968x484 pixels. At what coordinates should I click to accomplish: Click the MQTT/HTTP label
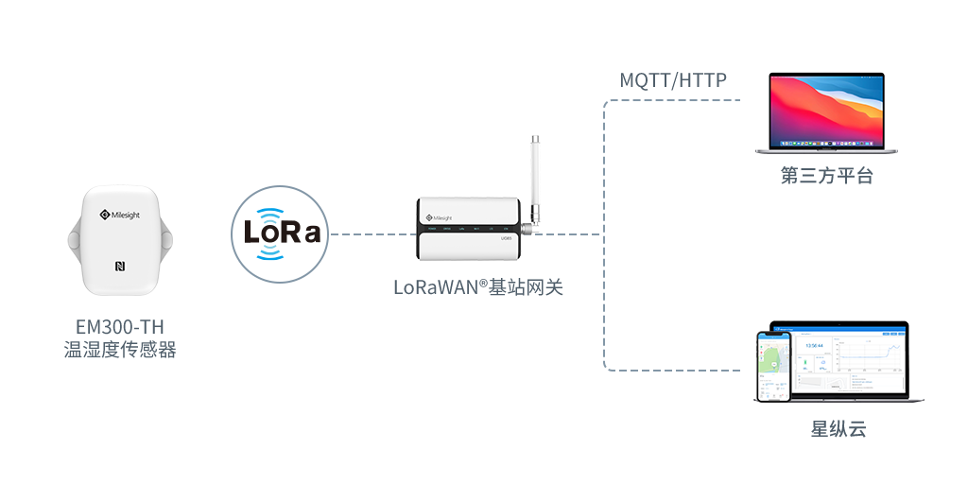coord(673,80)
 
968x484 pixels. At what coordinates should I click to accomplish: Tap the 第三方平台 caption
coord(826,177)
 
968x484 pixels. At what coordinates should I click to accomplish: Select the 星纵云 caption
coord(838,429)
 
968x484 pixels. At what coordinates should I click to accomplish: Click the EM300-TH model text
coord(119,327)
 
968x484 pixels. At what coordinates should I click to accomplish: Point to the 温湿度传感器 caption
coord(119,350)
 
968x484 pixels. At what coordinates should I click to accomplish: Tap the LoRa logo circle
coord(282,233)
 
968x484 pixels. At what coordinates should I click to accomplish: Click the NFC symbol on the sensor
coord(121,266)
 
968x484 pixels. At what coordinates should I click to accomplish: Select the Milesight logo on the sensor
coord(119,216)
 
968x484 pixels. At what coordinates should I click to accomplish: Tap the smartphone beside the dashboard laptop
coord(773,366)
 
